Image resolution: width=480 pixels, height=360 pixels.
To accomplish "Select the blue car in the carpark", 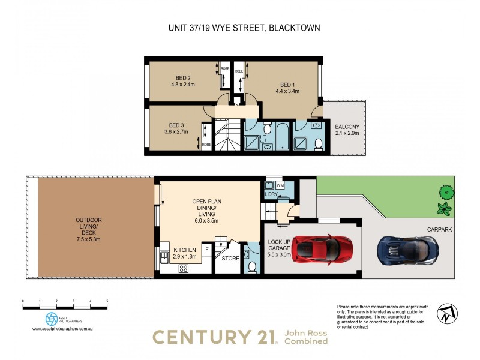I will pos(407,249).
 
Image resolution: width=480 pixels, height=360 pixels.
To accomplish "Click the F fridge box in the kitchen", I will pos(206,248).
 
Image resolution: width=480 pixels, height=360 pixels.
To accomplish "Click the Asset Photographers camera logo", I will pos(52,319).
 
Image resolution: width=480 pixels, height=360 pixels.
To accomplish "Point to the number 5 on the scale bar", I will pos(107,300).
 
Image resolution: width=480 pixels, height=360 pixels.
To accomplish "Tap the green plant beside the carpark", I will pos(444,209).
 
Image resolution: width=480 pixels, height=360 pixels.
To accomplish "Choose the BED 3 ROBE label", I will pos(206,144).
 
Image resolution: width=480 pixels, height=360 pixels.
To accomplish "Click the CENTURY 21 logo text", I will pos(214,337).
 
